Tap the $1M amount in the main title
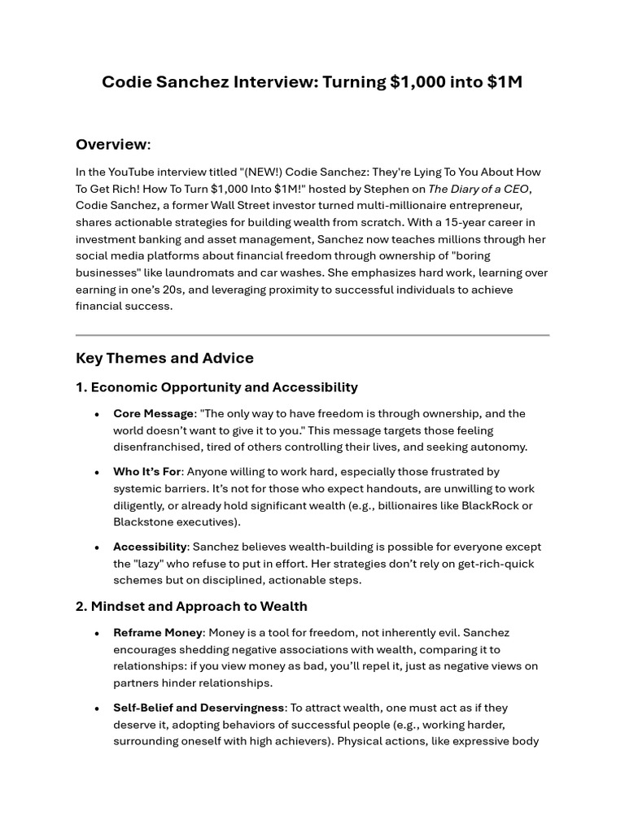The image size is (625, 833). point(502,82)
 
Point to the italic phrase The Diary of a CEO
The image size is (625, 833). point(479,189)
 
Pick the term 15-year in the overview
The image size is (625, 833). point(442,222)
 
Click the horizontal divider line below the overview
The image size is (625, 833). point(312,334)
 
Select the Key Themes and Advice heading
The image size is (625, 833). point(164,358)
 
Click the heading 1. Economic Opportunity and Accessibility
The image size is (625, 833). point(216,387)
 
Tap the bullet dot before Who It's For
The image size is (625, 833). point(97,472)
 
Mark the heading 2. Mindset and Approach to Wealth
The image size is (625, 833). point(191,606)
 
